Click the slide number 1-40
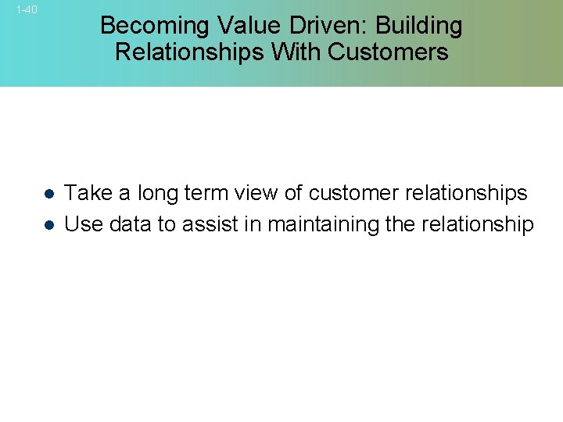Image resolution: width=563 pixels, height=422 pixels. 27,10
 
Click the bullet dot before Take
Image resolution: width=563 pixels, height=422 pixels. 48,194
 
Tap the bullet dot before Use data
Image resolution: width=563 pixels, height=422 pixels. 48,225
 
